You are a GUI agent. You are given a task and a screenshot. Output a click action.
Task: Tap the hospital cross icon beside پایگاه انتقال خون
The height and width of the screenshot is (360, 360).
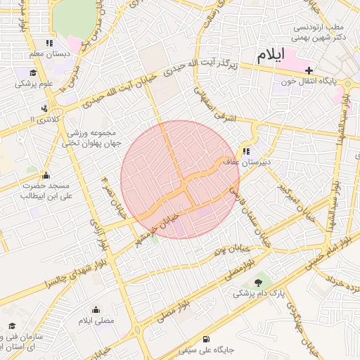[309, 70]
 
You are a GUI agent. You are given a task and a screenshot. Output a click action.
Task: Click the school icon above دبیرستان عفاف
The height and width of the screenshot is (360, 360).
[246, 150]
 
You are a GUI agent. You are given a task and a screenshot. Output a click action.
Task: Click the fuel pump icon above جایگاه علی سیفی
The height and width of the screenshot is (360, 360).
[205, 338]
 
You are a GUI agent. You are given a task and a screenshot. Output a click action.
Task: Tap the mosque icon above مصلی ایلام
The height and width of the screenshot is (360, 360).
[96, 310]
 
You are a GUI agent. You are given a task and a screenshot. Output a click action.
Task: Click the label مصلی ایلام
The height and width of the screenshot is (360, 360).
[96, 321]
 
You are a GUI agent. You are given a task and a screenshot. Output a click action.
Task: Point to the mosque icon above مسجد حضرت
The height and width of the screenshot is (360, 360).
[46, 176]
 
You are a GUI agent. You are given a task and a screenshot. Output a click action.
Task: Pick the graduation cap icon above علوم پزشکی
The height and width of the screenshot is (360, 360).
[34, 73]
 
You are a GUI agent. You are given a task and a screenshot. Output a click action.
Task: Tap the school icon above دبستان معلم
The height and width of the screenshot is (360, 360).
[48, 43]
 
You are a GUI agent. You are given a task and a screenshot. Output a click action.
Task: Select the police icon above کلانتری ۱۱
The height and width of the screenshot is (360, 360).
[45, 108]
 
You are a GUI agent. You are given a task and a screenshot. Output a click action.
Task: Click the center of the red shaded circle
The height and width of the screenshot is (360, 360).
[180, 179]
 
